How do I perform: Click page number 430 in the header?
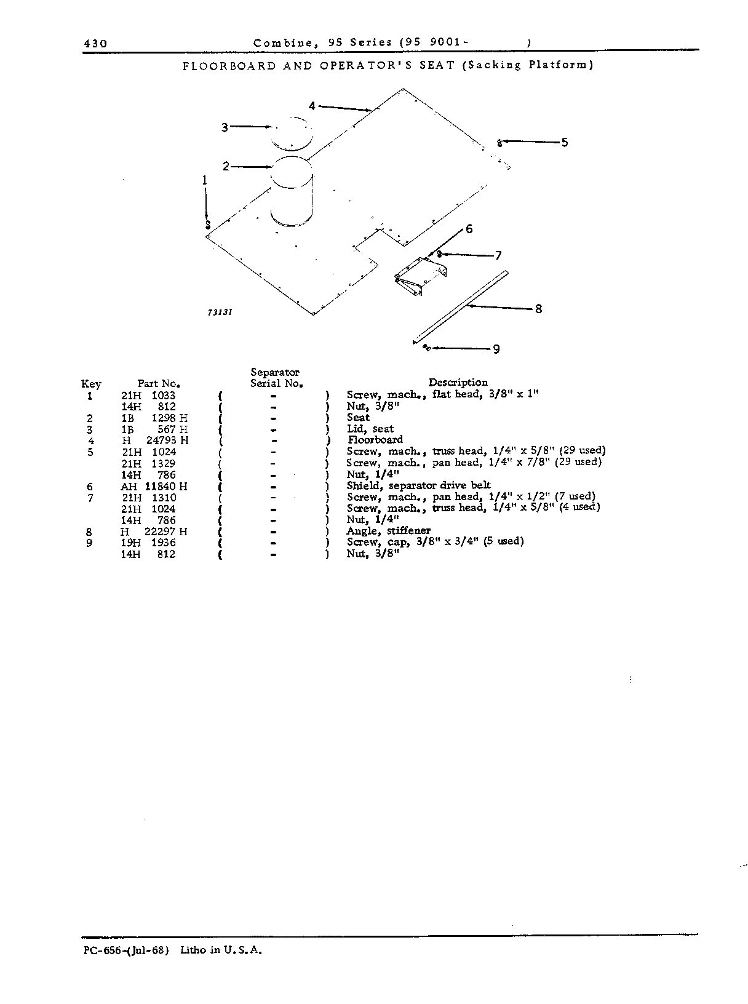pos(95,44)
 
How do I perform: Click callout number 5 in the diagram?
pos(564,142)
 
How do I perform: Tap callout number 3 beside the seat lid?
pos(225,127)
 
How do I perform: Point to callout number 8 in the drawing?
pos(538,309)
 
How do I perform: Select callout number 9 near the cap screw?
pos(496,349)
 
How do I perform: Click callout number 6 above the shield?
pos(469,229)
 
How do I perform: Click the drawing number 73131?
pos(220,313)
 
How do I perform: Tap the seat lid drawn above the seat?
pos(292,134)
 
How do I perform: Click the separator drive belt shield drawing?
pos(421,276)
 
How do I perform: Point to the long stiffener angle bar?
pos(461,308)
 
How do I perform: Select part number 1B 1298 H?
pos(154,418)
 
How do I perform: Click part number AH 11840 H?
pos(154,486)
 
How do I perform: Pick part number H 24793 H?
pos(155,440)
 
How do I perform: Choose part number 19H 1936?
pos(148,542)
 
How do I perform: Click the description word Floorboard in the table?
pos(375,439)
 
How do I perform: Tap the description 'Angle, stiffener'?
pos(389,530)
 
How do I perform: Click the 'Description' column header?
pos(458,382)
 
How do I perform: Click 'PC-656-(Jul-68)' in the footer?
pos(126,950)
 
